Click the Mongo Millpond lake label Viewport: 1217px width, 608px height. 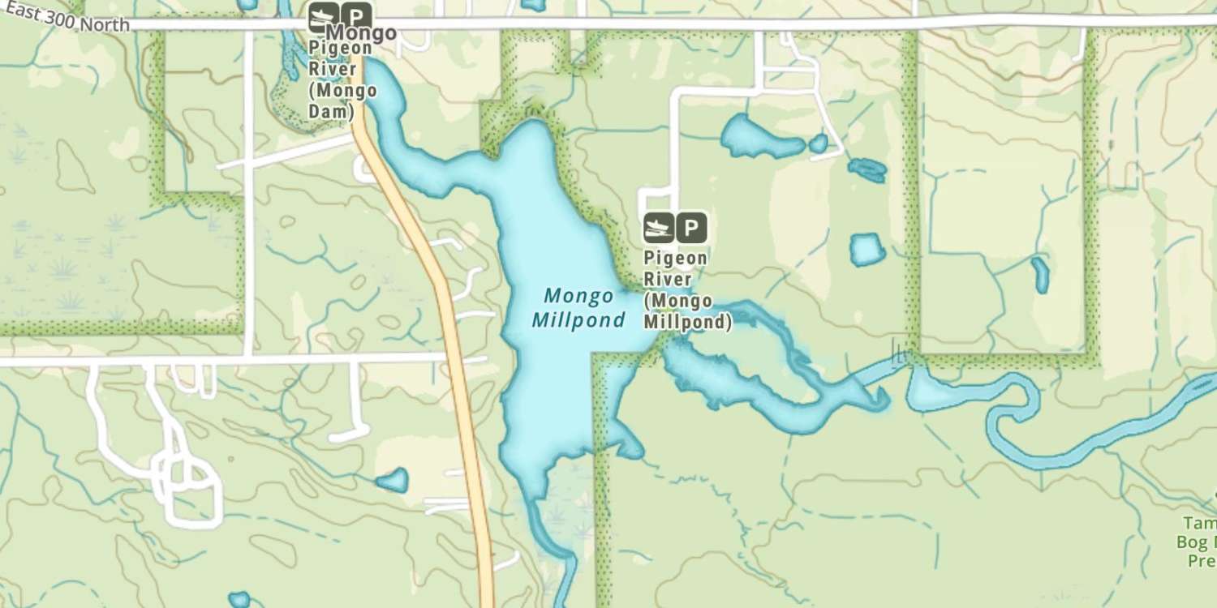[x=578, y=308]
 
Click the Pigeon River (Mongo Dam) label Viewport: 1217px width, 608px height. [x=342, y=79]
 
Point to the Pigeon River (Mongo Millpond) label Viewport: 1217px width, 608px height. [x=686, y=290]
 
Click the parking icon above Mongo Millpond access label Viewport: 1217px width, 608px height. [x=690, y=228]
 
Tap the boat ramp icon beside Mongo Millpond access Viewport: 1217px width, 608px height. [x=658, y=228]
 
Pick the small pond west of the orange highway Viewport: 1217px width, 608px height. [x=393, y=480]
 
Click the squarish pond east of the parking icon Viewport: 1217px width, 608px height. [x=867, y=250]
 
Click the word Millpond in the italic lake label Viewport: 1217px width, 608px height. [x=578, y=320]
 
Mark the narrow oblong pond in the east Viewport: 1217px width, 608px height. [x=1040, y=275]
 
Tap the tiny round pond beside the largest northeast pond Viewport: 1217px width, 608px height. [x=819, y=144]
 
